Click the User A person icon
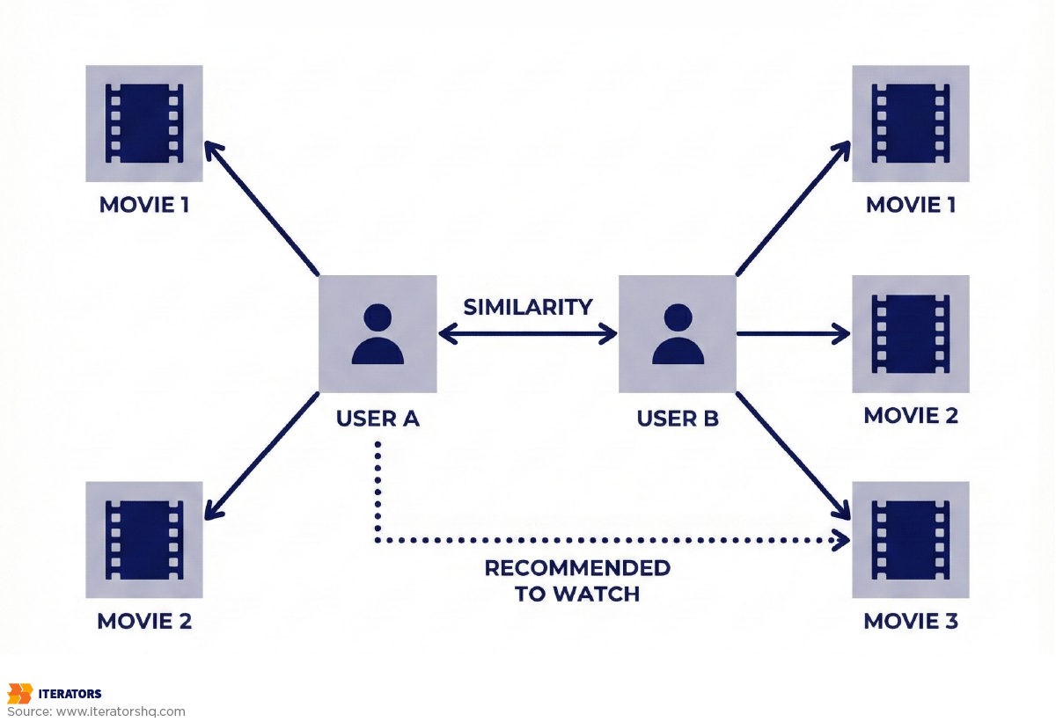pos(378,334)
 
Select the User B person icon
pos(678,334)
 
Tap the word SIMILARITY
pos(528,307)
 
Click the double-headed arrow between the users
pos(528,334)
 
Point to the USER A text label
pos(378,419)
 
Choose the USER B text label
pos(678,419)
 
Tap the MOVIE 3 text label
pos(911,621)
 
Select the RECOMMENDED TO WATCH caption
pos(577,580)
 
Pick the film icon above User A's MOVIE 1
pos(143,123)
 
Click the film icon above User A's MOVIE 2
pos(143,540)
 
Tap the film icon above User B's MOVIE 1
pos(911,123)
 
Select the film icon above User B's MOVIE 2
pos(911,334)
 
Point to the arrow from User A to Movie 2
pos(261,456)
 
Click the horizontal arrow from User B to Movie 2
pos(792,334)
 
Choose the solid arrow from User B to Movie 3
pos(792,454)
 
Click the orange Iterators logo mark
pos(19,693)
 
